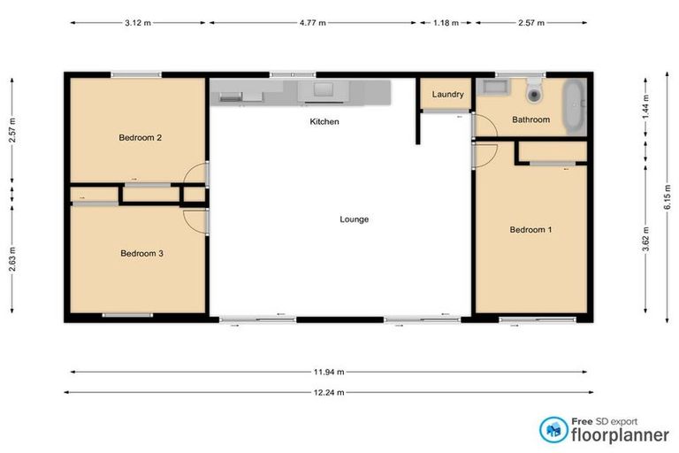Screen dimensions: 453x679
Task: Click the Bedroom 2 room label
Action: coord(140,137)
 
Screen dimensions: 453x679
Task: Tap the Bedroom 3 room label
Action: coord(141,253)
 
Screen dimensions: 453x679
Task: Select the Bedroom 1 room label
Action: coord(530,230)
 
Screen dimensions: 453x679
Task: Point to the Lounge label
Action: coord(354,219)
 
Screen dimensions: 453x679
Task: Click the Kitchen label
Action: coord(324,121)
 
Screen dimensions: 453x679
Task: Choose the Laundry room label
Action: coord(447,95)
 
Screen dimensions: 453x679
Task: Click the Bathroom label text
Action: coord(530,119)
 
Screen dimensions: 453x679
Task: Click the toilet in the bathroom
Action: coord(534,91)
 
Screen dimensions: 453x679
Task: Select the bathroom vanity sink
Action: coord(492,88)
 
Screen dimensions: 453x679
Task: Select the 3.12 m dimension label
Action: coord(139,23)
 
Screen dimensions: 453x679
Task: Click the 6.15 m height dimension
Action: coord(668,198)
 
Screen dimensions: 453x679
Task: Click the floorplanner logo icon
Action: coord(553,429)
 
